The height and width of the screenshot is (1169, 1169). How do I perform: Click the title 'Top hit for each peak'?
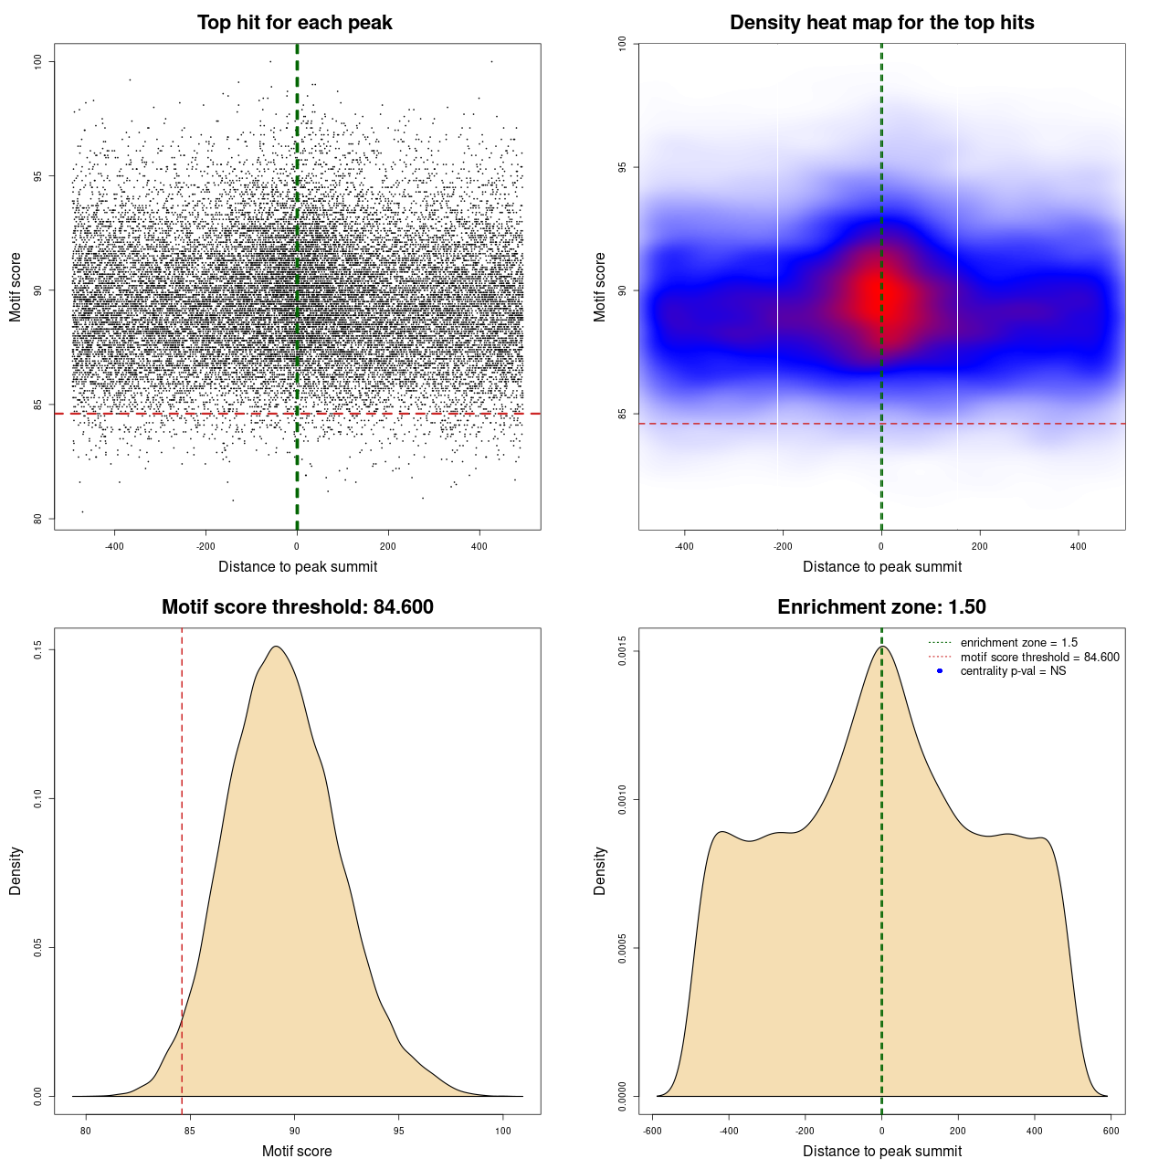tap(294, 23)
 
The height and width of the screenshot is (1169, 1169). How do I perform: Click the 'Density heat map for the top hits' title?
tap(881, 23)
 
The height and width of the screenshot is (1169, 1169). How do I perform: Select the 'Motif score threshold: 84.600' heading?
tap(297, 607)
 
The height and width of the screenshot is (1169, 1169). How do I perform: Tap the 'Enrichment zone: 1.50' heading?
tap(881, 607)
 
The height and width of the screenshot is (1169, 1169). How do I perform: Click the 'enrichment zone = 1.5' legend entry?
tap(1018, 643)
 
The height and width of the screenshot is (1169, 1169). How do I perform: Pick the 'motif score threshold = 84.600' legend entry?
tap(1039, 658)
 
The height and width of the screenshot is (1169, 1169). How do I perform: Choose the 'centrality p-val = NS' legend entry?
tap(1013, 671)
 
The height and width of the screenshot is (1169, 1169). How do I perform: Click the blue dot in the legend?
tap(940, 671)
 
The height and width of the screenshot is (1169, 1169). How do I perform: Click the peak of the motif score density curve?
tap(276, 647)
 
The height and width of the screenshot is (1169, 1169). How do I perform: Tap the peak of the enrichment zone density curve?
tap(882, 647)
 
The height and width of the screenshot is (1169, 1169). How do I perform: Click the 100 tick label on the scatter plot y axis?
tap(38, 61)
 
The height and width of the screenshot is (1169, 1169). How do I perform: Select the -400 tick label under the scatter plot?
tap(114, 546)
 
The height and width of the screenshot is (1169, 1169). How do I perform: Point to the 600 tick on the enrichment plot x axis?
tap(1111, 1131)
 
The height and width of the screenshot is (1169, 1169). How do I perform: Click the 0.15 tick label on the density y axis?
tap(38, 649)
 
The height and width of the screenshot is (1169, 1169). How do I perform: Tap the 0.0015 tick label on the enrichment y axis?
tap(623, 651)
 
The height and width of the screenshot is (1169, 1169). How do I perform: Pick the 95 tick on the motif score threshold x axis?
tap(398, 1131)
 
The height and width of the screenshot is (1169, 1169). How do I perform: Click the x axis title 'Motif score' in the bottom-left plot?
tap(297, 1151)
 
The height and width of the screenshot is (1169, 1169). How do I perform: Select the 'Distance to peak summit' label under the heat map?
tap(881, 566)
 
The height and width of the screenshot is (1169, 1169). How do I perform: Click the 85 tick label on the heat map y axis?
tap(623, 414)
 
